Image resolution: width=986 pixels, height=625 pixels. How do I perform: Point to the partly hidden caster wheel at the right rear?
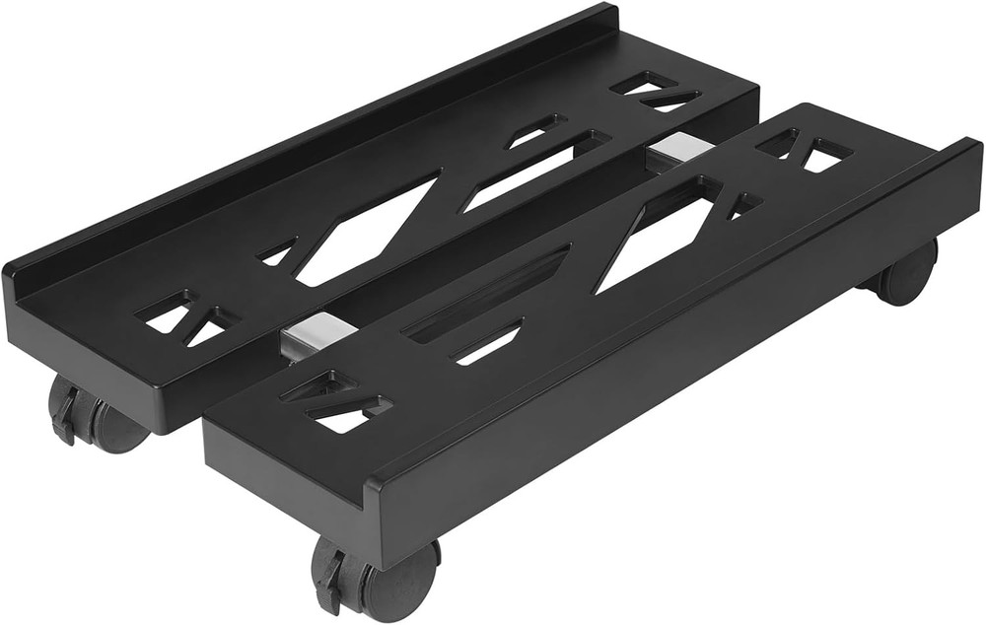coord(905,273)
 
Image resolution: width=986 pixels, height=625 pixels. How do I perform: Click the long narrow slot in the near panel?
coord(488,296)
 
